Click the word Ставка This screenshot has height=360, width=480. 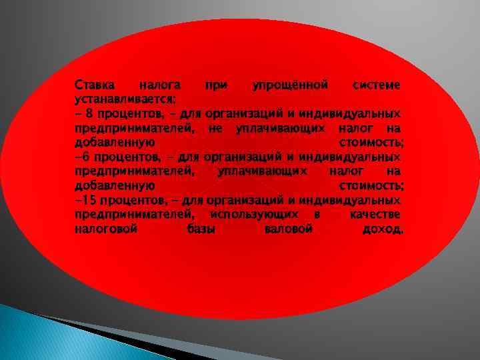pyautogui.click(x=94, y=85)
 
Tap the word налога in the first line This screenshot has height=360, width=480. pyautogui.click(x=158, y=85)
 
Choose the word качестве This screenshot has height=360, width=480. pyautogui.click(x=375, y=214)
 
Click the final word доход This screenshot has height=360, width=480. pyautogui.click(x=383, y=229)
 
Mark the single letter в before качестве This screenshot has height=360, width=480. pyautogui.click(x=316, y=214)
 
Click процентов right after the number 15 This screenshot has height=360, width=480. pyautogui.click(x=127, y=199)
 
